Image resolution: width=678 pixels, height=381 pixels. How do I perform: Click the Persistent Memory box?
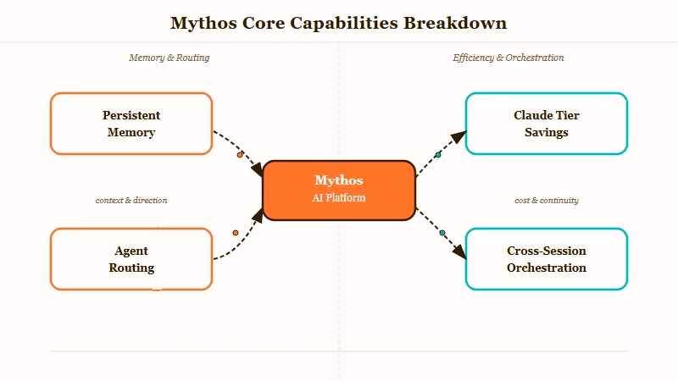point(131,124)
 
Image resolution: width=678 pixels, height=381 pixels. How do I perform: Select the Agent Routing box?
point(131,259)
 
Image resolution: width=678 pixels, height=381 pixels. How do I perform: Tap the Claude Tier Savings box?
point(546,124)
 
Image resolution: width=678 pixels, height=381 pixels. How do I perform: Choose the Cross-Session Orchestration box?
point(546,259)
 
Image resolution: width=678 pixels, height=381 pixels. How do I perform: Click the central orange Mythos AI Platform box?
point(339,190)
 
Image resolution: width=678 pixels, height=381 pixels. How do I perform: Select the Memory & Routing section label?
point(169,58)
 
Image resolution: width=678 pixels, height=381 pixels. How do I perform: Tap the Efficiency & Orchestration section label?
point(508,58)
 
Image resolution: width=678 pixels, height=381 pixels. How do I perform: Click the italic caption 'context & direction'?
point(131,201)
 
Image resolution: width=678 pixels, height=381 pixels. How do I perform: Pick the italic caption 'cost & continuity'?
point(546,201)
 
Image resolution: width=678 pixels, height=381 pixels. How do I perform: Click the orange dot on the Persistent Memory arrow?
point(240,155)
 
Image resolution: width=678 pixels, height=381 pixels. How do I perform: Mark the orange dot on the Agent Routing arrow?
point(236,232)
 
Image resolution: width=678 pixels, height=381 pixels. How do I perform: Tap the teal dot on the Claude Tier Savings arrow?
point(438,155)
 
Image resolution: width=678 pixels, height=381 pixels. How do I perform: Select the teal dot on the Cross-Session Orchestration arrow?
point(442,233)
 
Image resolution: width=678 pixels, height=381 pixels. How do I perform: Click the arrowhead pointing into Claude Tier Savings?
point(458,136)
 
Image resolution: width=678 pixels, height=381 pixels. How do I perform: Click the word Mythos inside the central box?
point(339,180)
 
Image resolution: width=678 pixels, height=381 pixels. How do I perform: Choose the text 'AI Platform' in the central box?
point(339,197)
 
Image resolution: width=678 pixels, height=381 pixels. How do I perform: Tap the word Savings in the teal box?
point(546,133)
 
